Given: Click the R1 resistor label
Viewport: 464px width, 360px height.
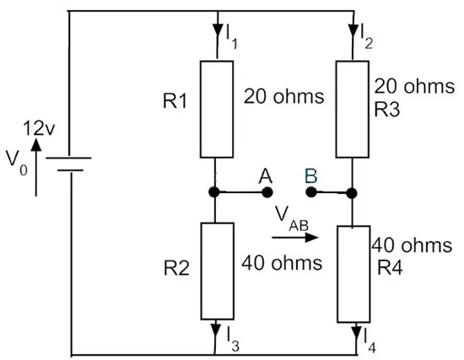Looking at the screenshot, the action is [175, 101].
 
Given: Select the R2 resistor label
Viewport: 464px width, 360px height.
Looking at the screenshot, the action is [176, 269].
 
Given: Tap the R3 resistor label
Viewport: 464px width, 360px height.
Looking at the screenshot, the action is [387, 109].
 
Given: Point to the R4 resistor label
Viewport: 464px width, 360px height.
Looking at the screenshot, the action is [390, 268].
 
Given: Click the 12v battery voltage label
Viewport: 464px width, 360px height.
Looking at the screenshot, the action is [39, 129].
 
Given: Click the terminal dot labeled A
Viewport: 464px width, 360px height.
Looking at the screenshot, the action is [267, 192].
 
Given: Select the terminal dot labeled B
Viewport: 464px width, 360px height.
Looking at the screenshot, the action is [310, 192].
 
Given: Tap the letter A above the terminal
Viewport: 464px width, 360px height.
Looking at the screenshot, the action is [266, 176].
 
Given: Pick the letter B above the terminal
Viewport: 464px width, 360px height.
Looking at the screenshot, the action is [311, 175].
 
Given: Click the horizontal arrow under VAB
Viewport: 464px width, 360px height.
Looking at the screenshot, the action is [295, 237].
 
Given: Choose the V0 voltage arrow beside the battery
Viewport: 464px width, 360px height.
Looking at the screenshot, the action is [36, 167].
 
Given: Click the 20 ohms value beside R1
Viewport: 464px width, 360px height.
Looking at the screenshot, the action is [283, 96].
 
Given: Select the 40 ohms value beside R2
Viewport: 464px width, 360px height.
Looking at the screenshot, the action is [282, 263].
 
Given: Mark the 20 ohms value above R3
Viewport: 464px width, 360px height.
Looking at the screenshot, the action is [414, 86].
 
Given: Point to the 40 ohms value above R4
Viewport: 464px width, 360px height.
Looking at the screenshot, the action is [412, 245].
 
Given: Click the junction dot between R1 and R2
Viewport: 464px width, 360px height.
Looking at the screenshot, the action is [214, 192].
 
